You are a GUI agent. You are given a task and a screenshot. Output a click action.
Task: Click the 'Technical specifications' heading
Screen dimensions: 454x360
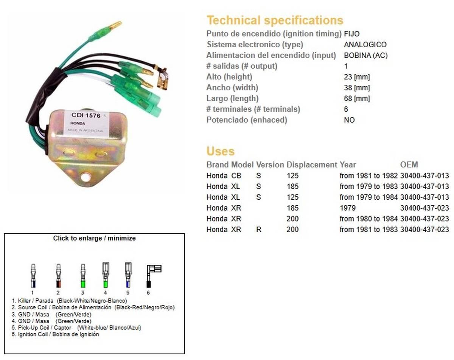pos(275,20)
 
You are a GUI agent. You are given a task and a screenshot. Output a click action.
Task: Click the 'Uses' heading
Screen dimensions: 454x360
pos(221,151)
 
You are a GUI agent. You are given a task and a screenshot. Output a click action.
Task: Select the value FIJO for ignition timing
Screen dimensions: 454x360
pos(352,34)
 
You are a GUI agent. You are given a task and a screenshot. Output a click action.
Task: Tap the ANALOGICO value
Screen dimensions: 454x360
pos(365,45)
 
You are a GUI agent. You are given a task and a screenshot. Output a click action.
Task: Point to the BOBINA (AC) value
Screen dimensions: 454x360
pos(366,56)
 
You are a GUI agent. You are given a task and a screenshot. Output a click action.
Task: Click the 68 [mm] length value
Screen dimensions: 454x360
pos(357,98)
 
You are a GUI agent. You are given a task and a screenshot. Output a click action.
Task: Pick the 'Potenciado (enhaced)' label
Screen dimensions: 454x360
pos(247,120)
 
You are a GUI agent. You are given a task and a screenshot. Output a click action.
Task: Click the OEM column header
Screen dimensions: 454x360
pos(409,165)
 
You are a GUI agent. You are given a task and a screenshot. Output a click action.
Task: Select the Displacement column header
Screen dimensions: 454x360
pos(312,165)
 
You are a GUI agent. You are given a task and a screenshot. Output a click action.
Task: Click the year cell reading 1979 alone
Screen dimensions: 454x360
pos(347,208)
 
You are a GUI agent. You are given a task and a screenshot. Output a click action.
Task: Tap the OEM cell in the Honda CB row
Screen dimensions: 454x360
pos(424,176)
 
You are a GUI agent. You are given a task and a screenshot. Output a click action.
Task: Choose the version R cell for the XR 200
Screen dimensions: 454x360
pos(259,230)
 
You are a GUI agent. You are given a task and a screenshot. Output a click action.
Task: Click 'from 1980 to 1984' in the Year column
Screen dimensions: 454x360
pos(368,219)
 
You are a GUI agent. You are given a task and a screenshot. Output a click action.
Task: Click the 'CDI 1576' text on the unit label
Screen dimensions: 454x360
pos(86,115)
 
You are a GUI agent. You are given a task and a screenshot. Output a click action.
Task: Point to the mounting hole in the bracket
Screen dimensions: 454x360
pos(86,177)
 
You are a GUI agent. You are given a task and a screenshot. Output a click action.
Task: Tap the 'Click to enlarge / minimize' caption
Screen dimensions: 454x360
pos(94,238)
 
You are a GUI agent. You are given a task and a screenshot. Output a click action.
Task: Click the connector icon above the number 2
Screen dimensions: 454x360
pos(58,276)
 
